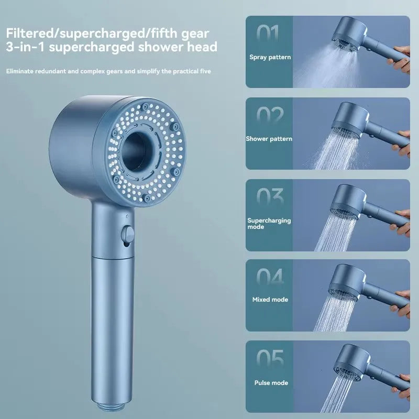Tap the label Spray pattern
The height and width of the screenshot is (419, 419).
tap(270, 57)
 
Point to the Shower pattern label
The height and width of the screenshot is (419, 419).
tap(269, 139)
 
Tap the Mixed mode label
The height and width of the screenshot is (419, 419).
tap(270, 300)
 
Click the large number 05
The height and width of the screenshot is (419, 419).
tap(270, 360)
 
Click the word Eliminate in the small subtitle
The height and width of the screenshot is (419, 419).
tap(20, 70)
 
